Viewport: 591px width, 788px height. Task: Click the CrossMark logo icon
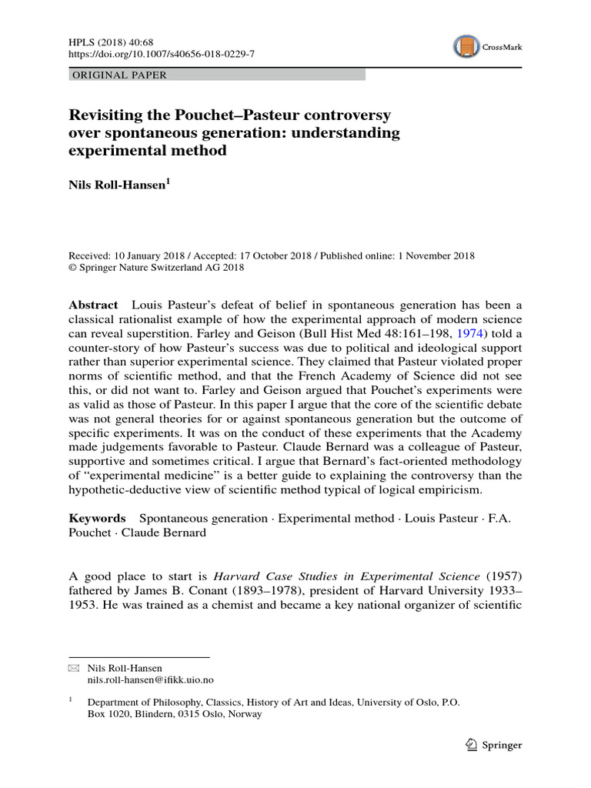pos(466,47)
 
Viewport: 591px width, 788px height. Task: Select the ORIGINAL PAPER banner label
pos(119,75)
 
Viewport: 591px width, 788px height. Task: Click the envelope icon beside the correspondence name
pos(74,669)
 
